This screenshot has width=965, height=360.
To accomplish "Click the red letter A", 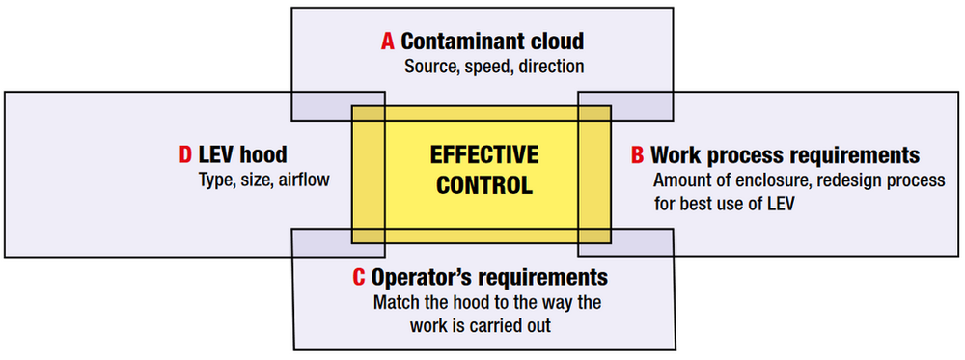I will click(x=388, y=42).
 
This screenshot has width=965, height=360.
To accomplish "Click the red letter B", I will click(x=637, y=155).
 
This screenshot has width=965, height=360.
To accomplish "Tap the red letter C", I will click(x=358, y=278).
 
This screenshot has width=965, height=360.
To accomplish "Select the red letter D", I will click(x=185, y=155).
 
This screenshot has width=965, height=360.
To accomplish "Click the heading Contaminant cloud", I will click(x=492, y=42).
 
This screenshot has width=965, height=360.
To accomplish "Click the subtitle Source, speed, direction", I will click(x=494, y=67).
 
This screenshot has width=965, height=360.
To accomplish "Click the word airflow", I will click(x=305, y=179).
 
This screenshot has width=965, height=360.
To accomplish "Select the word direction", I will click(x=551, y=67).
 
